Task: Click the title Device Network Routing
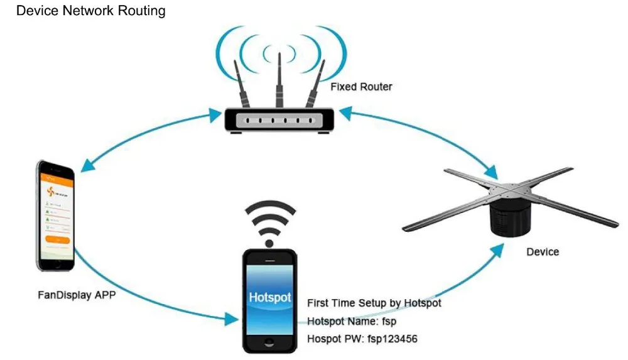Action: coord(91,11)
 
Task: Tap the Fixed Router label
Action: coord(361,87)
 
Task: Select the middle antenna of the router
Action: coord(278,79)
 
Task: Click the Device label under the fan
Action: coord(543,252)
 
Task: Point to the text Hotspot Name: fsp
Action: coord(352,321)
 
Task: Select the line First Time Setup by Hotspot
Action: coord(374,303)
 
